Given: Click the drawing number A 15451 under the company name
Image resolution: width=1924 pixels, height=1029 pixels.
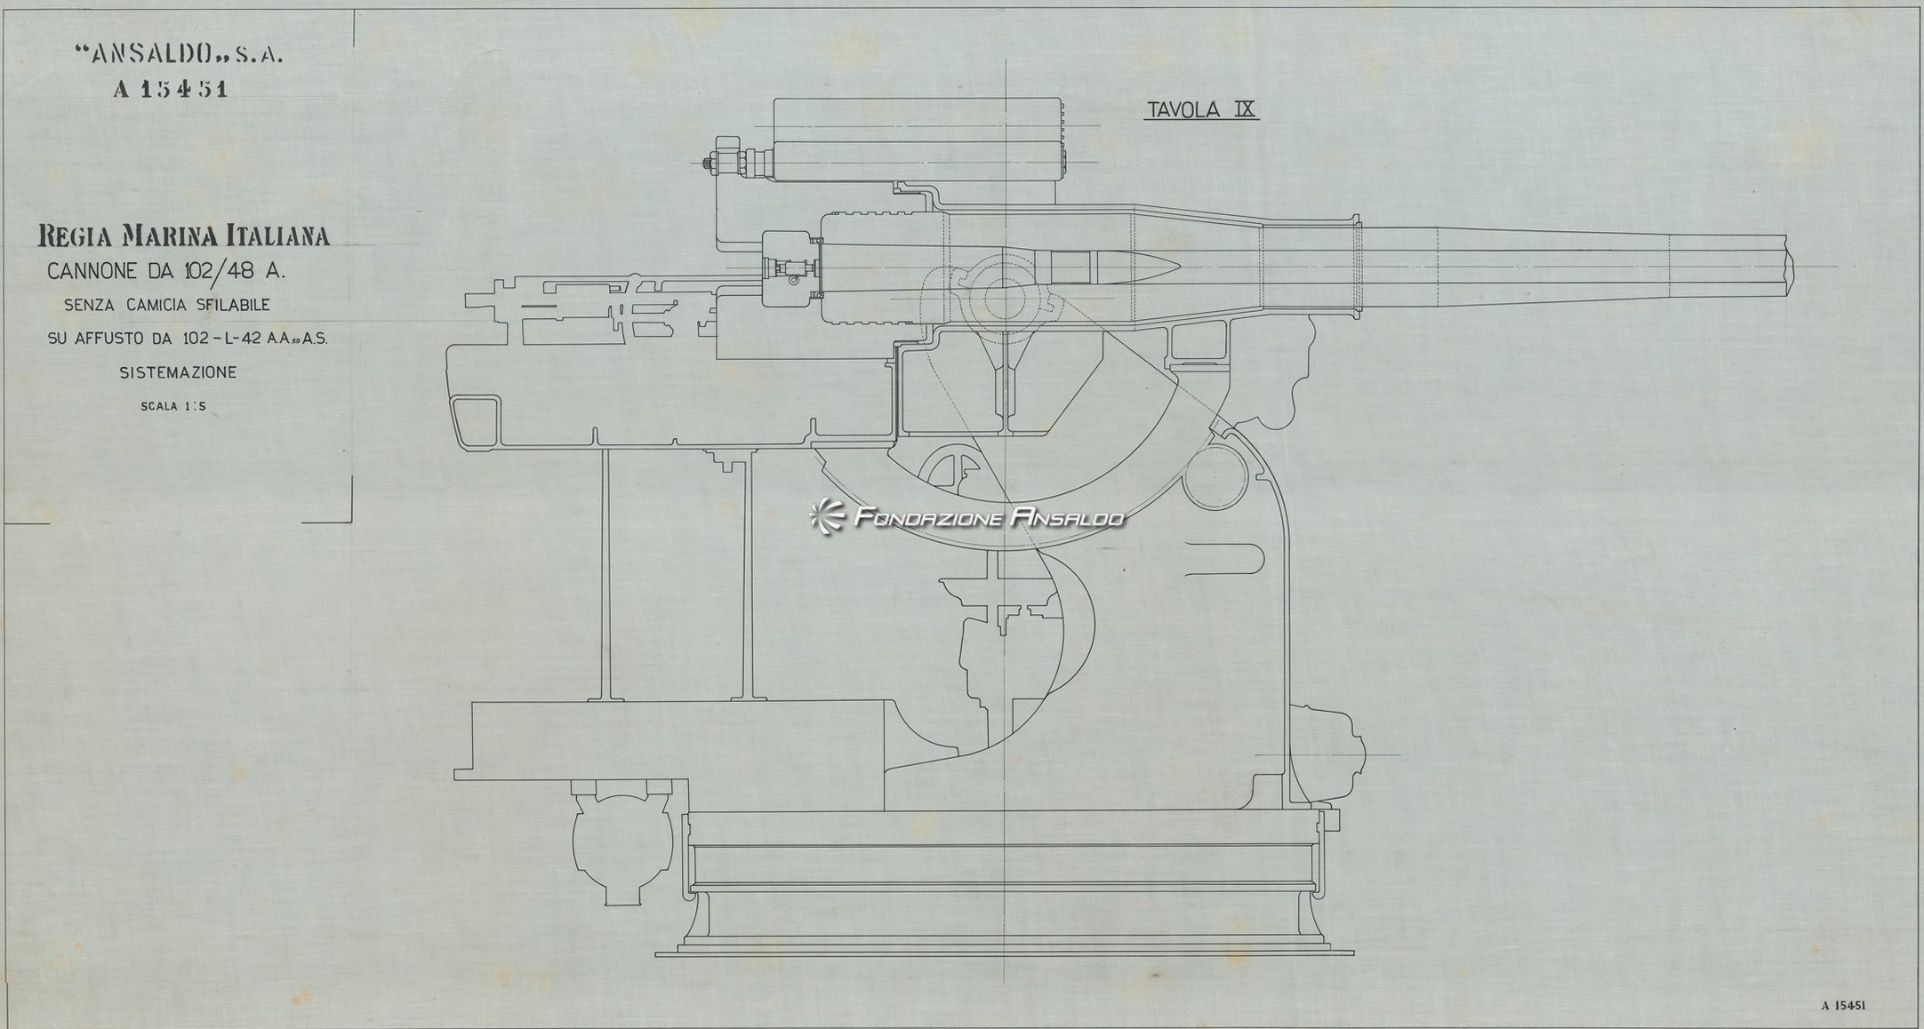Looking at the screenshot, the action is pos(171,90).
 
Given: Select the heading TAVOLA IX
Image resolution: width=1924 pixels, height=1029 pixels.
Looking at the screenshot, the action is pos(1201,110).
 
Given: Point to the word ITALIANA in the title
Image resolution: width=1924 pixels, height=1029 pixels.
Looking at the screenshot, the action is pos(282,236).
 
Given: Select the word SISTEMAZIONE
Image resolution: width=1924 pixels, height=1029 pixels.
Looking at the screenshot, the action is pos(179,373).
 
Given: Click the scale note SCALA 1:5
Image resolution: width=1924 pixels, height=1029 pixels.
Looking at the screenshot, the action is pos(173,408).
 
